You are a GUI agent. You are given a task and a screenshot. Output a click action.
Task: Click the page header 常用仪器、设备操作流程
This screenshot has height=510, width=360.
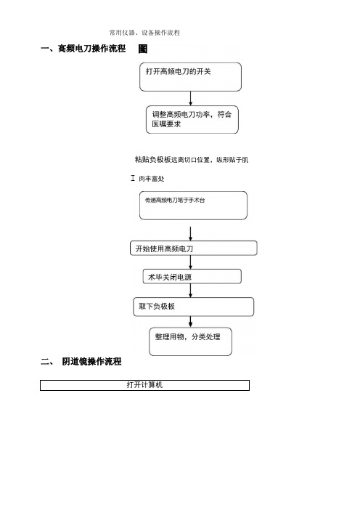pyautogui.click(x=144, y=33)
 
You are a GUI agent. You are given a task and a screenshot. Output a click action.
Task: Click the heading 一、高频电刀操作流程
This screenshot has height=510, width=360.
pyautogui.click(x=83, y=49)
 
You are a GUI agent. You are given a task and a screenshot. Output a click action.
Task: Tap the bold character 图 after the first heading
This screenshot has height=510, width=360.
pyautogui.click(x=143, y=49)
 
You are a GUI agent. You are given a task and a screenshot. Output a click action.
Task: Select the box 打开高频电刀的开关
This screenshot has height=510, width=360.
pyautogui.click(x=190, y=77)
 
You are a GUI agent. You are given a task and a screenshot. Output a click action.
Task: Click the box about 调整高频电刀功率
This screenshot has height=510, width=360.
pyautogui.click(x=192, y=119)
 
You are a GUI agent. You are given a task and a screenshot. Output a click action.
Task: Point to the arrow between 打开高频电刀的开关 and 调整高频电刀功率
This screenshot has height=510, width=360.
pyautogui.click(x=191, y=98)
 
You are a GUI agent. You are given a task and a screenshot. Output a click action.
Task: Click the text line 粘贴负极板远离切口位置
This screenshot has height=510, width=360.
pyautogui.click(x=192, y=160)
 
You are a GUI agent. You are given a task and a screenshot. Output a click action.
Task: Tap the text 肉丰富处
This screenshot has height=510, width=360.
pyautogui.click(x=152, y=179)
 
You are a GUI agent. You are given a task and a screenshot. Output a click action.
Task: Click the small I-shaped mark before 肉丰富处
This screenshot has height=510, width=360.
pyautogui.click(x=133, y=178)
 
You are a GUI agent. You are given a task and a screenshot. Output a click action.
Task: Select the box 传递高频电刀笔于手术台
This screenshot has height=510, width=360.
pyautogui.click(x=193, y=206)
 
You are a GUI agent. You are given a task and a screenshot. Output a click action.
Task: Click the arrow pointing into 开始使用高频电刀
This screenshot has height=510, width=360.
pyautogui.click(x=191, y=233)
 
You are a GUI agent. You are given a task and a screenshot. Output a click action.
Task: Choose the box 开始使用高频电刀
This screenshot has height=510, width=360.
pyautogui.click(x=194, y=248)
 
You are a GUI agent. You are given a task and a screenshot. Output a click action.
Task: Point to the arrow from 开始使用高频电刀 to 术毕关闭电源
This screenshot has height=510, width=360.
pyautogui.click(x=191, y=262)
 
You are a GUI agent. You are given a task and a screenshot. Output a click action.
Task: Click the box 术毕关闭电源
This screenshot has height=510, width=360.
pyautogui.click(x=192, y=277)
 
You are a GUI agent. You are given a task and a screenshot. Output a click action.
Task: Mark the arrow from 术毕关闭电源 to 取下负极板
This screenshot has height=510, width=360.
pyautogui.click(x=191, y=291)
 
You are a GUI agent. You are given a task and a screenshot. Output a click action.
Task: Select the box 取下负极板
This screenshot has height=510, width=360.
pyautogui.click(x=194, y=307)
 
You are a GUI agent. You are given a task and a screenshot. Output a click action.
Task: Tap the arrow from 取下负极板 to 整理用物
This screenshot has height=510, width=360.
pyautogui.click(x=191, y=322)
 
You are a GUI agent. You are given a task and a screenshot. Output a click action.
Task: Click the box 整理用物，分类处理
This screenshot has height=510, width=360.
pyautogui.click(x=190, y=341)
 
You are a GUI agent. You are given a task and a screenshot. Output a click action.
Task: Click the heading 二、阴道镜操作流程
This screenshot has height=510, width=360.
pyautogui.click(x=81, y=361)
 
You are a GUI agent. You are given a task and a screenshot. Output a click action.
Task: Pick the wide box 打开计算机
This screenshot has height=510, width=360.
pyautogui.click(x=144, y=385)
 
